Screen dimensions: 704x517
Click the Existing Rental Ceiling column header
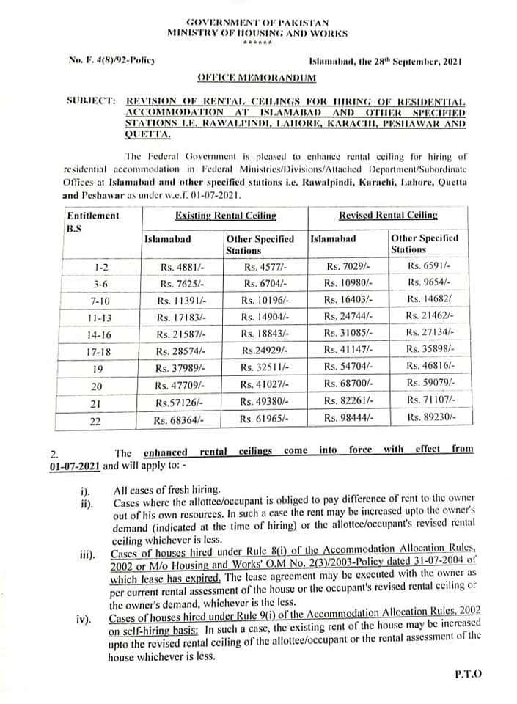tap(225, 215)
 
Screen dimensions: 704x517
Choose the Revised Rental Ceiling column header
tap(387, 215)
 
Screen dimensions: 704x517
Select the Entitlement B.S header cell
tap(92, 221)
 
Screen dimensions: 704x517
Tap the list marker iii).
tap(87, 555)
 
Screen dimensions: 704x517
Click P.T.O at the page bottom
tap(467, 673)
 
